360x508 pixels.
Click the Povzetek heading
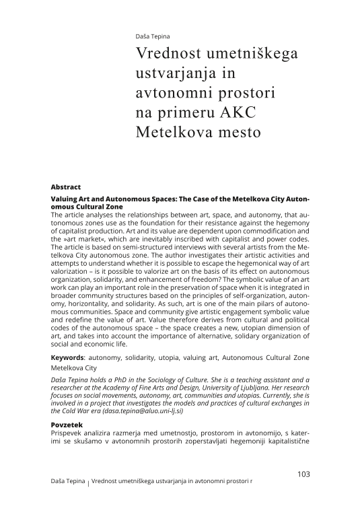tap(69, 425)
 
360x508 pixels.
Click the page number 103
tap(303, 474)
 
